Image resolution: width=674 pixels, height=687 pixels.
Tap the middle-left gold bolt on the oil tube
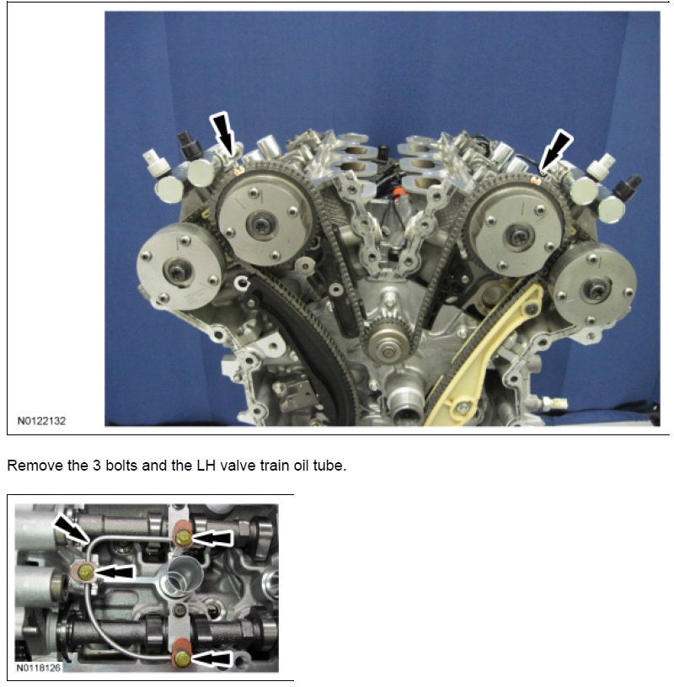coord(85,572)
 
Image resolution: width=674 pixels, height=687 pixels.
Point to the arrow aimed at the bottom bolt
coord(214,658)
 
